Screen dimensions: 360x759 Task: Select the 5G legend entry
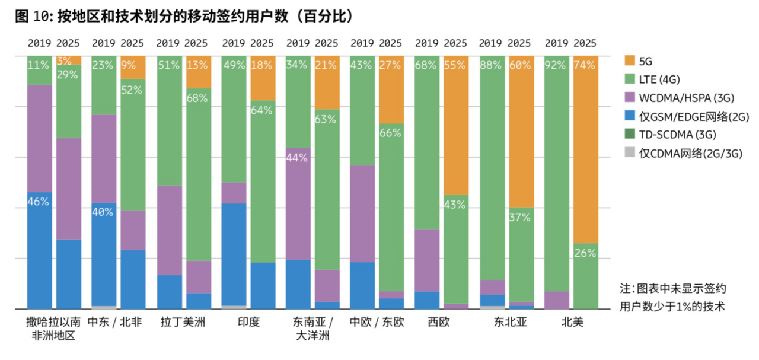(x=646, y=60)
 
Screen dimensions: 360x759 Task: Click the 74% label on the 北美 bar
(x=585, y=66)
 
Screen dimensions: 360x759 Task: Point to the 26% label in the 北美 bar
(x=585, y=253)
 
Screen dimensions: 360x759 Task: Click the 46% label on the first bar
(x=39, y=202)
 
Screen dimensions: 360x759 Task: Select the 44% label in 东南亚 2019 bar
(x=297, y=158)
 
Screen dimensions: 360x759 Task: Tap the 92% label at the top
(x=556, y=66)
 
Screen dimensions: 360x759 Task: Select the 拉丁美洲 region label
(x=183, y=323)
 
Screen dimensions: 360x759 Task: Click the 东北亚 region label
(x=511, y=323)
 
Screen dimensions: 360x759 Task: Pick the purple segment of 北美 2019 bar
(x=556, y=300)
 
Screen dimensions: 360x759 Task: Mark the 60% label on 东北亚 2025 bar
(x=520, y=66)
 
